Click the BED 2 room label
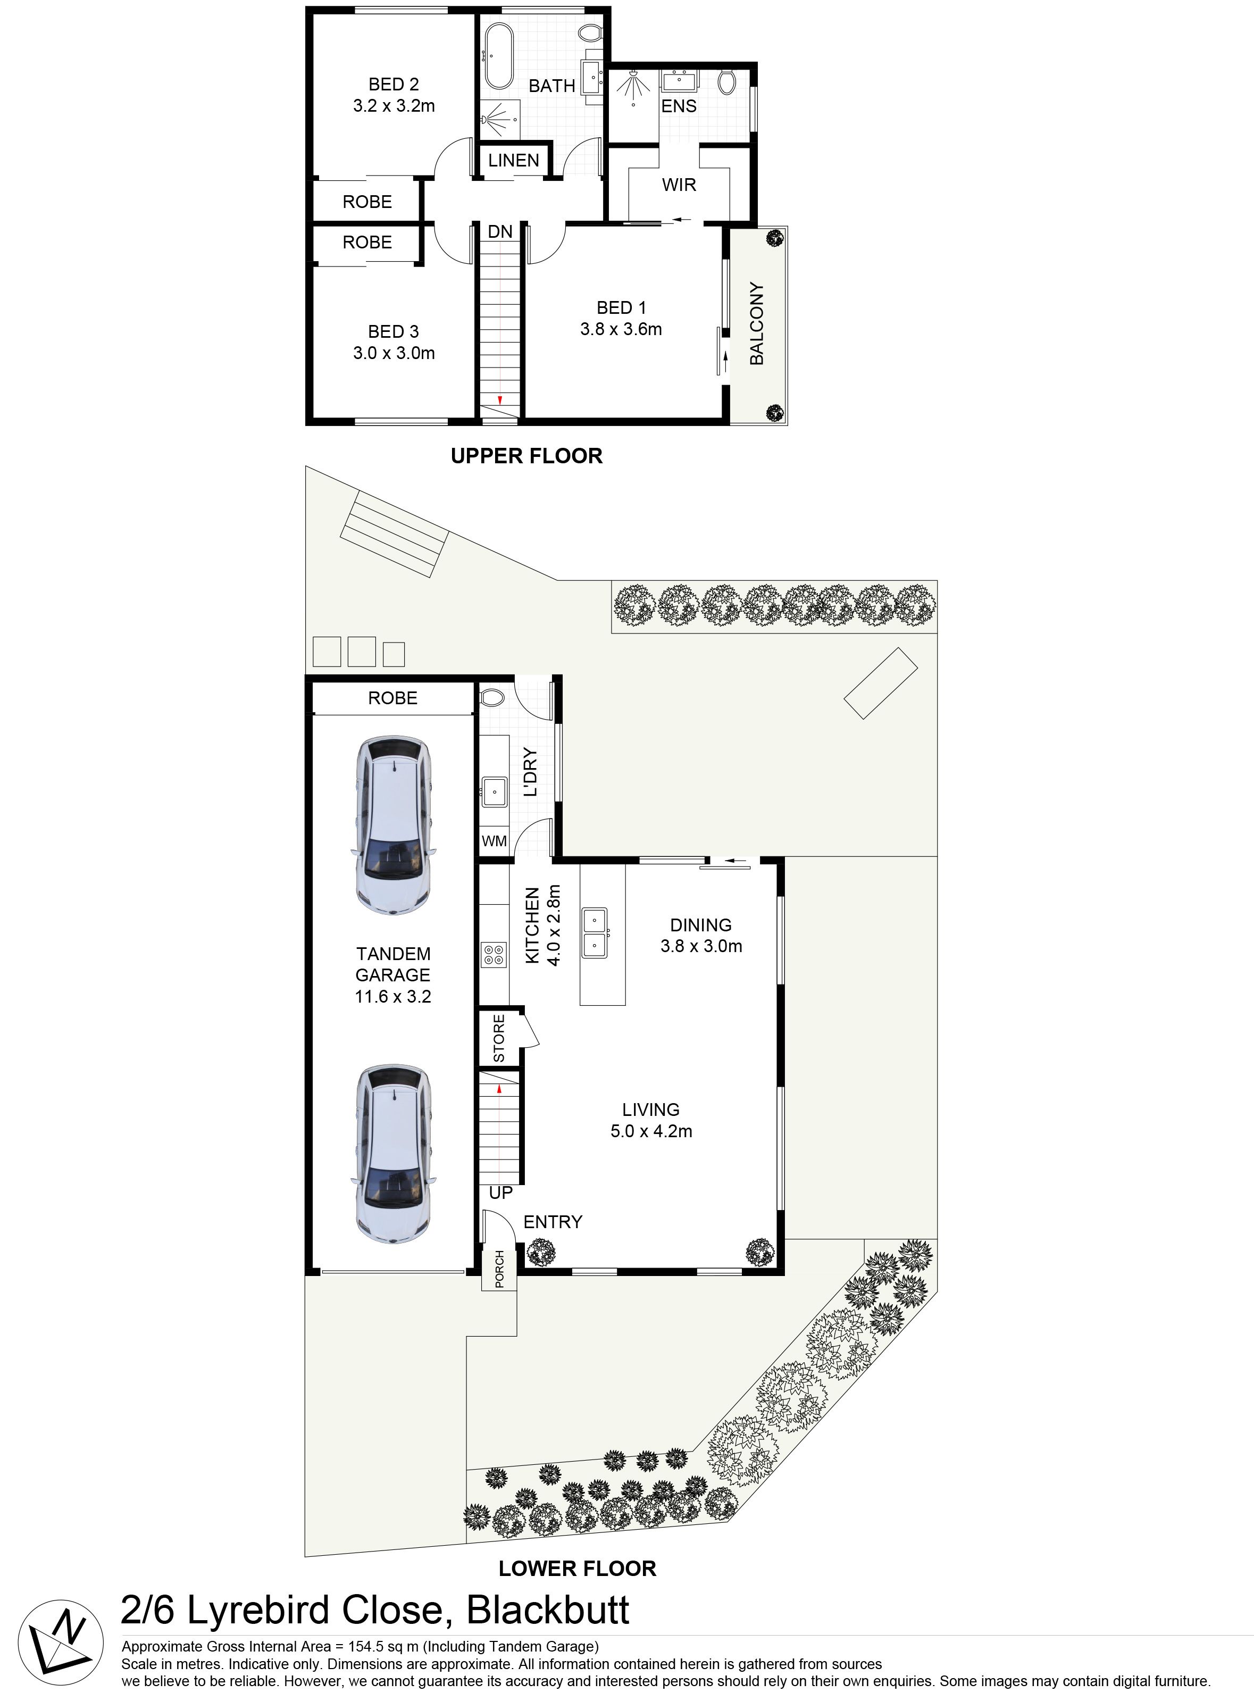pos(393,84)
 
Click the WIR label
pos(679,185)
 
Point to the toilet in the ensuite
pos(726,82)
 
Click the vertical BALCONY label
pos(757,323)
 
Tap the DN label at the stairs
pos(499,231)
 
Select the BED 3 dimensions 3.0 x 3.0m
pos(393,353)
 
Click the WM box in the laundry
pos(494,841)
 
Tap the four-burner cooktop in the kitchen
pos(494,954)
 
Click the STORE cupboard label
pos(499,1038)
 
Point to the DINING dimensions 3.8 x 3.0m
pos(700,946)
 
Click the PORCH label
pos(499,1269)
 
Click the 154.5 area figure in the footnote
pos(366,1646)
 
